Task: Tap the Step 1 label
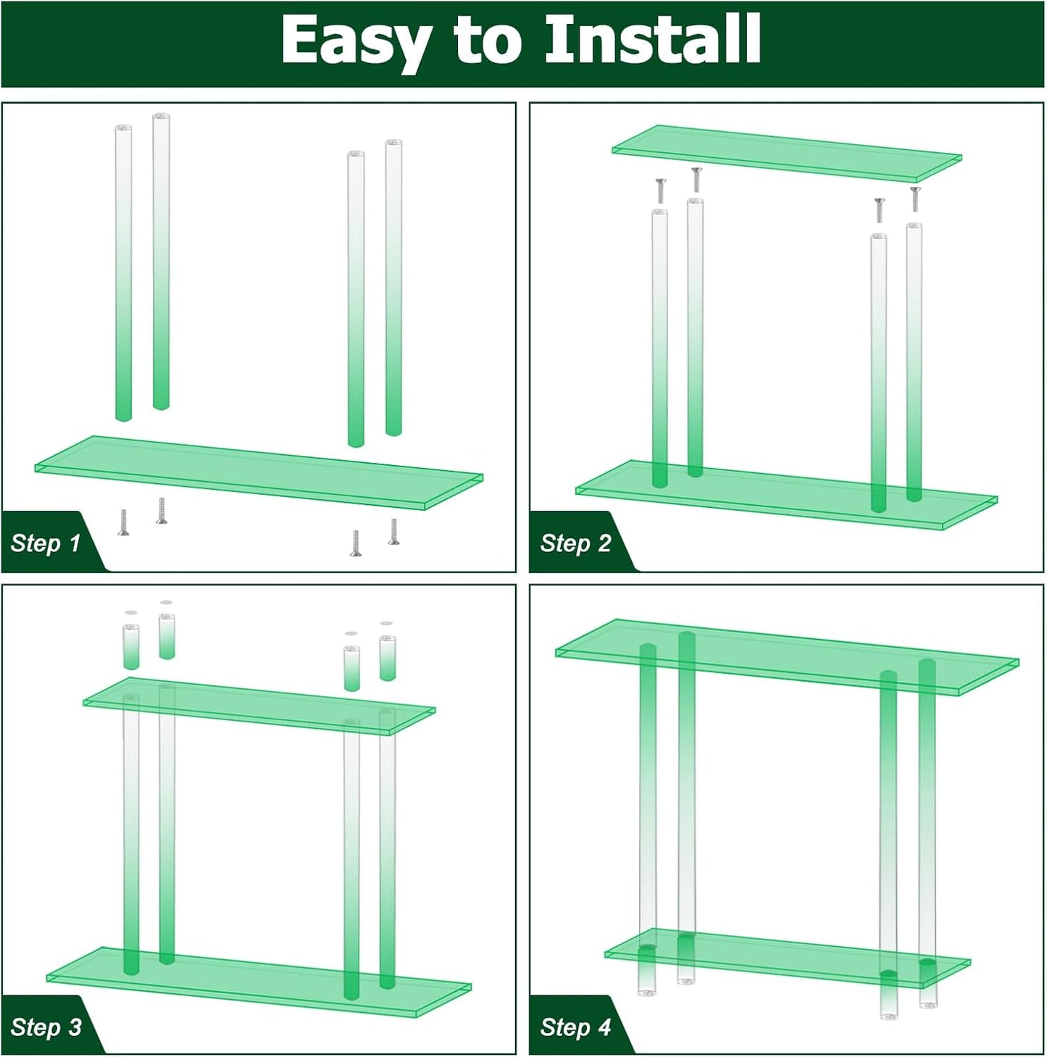point(45,543)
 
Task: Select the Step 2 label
point(575,543)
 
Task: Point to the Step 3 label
point(46,1027)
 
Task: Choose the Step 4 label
point(575,1027)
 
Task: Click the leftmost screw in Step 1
point(123,522)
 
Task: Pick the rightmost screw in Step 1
point(393,531)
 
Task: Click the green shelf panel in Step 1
point(259,472)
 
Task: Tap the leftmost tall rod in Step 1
point(124,272)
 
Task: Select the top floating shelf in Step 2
point(786,153)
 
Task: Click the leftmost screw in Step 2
point(660,191)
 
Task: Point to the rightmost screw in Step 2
point(914,199)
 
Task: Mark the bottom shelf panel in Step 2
point(786,495)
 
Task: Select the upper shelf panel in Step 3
point(259,706)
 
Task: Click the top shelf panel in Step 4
point(786,656)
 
